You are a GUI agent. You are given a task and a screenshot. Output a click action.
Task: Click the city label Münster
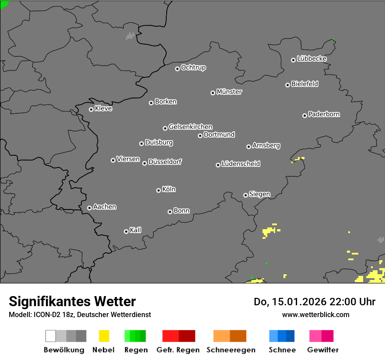click(x=229, y=92)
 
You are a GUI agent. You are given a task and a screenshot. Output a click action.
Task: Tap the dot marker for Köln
click(x=158, y=190)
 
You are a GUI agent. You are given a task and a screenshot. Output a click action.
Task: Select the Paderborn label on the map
click(x=324, y=115)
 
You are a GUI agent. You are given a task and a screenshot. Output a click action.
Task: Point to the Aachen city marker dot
click(x=89, y=208)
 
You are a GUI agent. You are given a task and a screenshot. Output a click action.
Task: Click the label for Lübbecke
click(x=312, y=59)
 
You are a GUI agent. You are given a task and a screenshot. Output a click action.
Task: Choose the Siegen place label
click(x=260, y=194)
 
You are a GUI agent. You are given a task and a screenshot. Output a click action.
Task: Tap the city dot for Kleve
click(x=91, y=109)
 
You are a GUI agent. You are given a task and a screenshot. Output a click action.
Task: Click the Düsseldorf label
click(x=165, y=162)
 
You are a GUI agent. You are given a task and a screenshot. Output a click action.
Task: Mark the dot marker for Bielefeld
click(x=287, y=85)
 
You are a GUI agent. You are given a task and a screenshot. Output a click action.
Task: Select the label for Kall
click(x=136, y=230)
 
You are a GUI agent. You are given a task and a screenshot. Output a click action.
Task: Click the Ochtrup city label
click(x=193, y=68)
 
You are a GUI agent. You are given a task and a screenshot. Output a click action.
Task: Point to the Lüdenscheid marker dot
click(x=218, y=165)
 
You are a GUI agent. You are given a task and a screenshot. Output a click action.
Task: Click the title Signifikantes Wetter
click(x=72, y=301)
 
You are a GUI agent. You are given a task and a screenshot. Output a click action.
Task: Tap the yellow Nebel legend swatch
click(x=104, y=336)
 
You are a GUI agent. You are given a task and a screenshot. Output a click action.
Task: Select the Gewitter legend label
click(x=323, y=350)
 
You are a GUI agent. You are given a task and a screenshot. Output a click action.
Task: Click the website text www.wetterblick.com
click(x=316, y=314)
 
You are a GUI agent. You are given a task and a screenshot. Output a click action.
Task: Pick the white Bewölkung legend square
click(x=51, y=336)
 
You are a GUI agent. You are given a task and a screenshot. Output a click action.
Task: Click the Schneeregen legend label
click(x=231, y=350)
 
